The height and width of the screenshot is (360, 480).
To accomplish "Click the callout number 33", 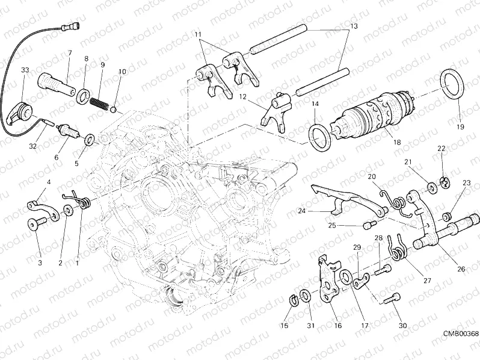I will (24, 70).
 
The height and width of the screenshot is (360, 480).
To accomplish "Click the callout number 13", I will (354, 26).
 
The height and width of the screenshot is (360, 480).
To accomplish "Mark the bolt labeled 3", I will (34, 223).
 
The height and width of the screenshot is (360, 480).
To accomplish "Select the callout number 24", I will (301, 211).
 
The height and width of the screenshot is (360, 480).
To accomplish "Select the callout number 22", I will (441, 148).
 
